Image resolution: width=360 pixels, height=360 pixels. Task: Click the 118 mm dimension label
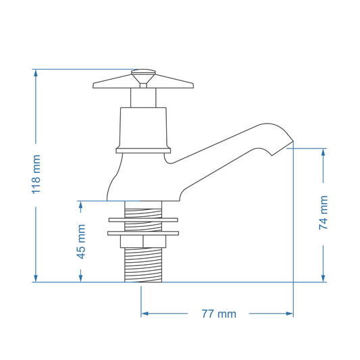[x=36, y=174]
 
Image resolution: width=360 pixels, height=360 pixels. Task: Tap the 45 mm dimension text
[x=81, y=242]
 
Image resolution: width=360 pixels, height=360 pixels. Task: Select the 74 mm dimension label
[x=324, y=213]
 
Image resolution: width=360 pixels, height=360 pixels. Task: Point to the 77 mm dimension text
[x=219, y=314]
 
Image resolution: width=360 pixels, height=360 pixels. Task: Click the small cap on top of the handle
[x=143, y=72]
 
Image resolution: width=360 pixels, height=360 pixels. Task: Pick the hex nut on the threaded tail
[x=143, y=242]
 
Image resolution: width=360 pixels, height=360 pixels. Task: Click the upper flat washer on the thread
[x=143, y=220]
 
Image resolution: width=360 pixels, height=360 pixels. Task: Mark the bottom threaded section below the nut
[x=143, y=265]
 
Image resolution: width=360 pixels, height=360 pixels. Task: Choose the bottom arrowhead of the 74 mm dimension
[x=324, y=278]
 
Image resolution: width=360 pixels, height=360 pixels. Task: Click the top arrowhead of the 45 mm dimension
[x=81, y=205]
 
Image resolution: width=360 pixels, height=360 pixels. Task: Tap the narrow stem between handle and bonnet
[x=143, y=98]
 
